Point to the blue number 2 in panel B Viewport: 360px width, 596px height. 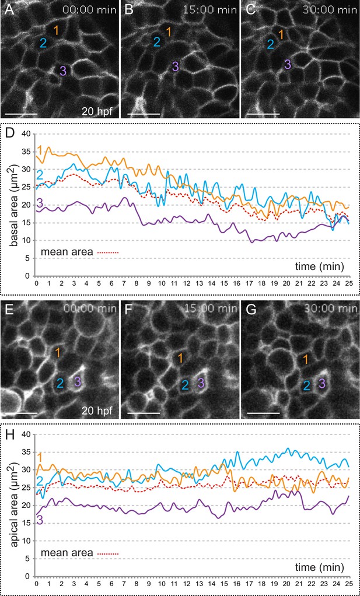point(157,42)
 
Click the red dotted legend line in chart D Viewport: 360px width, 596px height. point(109,251)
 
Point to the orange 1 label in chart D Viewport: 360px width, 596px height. point(40,149)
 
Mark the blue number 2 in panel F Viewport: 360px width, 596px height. point(185,384)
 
